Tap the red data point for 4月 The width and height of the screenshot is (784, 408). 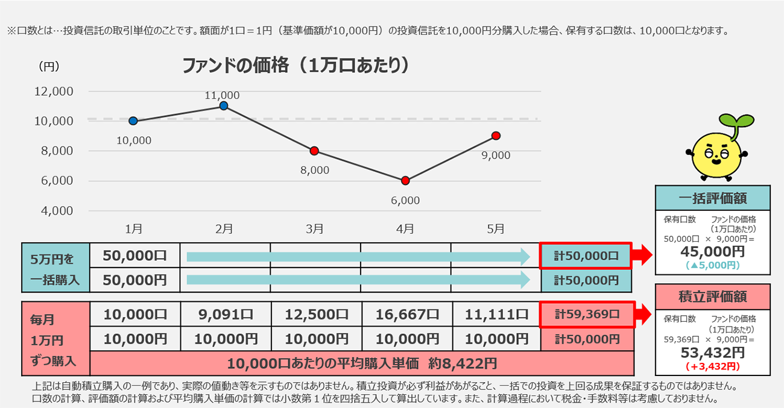(405, 180)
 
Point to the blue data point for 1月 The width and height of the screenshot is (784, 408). (133, 121)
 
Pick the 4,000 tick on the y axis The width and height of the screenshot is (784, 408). (56, 210)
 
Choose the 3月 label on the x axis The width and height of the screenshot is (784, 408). (315, 228)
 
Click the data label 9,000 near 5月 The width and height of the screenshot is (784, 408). (496, 155)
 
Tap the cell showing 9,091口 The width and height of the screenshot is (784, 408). (225, 314)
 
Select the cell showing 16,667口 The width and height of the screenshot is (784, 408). (406, 314)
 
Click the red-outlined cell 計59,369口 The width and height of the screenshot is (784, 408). (587, 314)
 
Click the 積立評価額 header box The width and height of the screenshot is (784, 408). (713, 297)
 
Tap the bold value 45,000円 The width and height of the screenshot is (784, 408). (713, 251)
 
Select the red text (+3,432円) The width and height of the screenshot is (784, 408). (713, 365)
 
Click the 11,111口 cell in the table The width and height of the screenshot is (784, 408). (496, 314)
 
